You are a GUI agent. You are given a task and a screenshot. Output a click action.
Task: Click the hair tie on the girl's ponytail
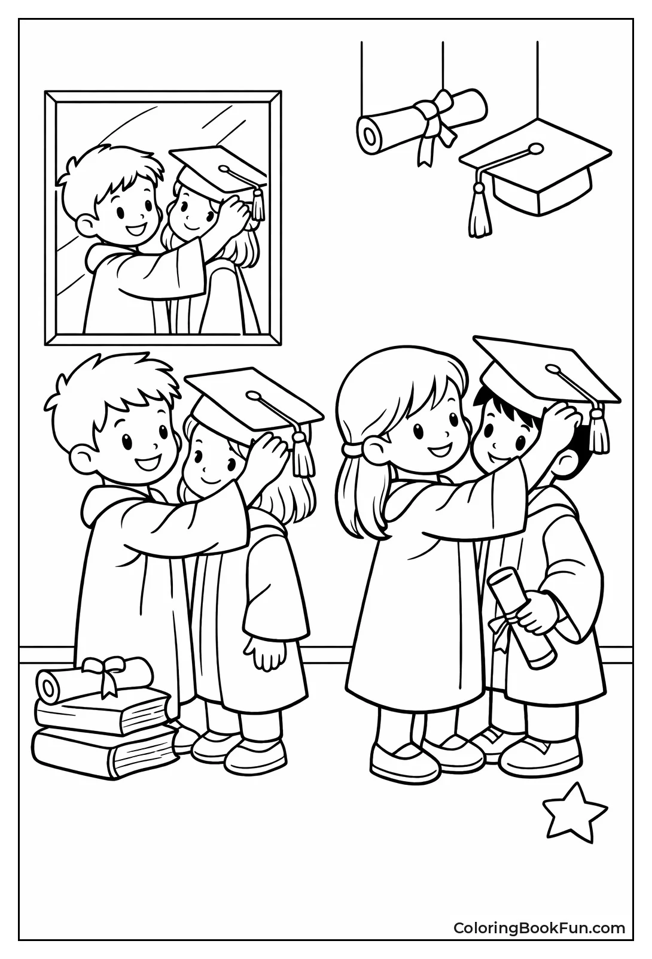(356, 449)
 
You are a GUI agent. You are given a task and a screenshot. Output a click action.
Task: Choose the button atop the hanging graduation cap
(535, 149)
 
